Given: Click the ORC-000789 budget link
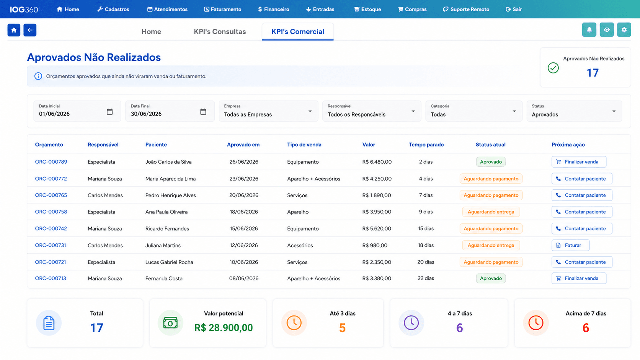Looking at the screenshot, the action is [51, 161].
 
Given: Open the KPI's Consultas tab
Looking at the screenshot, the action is [220, 31].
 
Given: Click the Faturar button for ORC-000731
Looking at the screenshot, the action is [570, 245].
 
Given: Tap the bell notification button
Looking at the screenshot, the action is [589, 30].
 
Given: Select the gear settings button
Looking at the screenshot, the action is [624, 30].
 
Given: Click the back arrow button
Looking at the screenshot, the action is [30, 30].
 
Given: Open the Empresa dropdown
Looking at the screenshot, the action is [268, 111].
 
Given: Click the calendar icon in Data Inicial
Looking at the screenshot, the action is [110, 112].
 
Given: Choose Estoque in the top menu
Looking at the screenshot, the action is [367, 9].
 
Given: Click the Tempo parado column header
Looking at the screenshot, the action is [426, 145].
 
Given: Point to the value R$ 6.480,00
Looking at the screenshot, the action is [377, 162].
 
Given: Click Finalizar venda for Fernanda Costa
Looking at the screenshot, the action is [579, 279].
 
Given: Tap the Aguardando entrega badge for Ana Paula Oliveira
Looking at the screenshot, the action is [491, 212].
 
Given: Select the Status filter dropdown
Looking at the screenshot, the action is [574, 111].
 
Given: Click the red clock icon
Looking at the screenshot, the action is [536, 323].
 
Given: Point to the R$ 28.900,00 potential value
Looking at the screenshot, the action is [224, 327].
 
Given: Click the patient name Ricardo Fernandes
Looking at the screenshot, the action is [167, 229].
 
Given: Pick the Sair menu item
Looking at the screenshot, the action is [514, 9].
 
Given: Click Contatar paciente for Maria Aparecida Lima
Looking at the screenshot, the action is [582, 179].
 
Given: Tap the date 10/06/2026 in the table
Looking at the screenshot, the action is [244, 262].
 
